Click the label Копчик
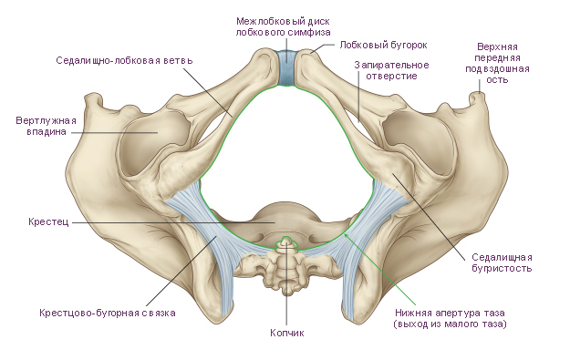click(286, 333)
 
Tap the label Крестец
click(48, 221)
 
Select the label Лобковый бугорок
click(384, 45)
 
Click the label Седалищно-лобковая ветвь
click(124, 60)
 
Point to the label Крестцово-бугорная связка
click(108, 313)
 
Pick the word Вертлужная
click(47, 120)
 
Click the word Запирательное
click(391, 66)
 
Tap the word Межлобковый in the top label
click(264, 22)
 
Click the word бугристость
click(502, 269)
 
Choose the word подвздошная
click(497, 69)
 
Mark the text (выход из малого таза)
click(450, 324)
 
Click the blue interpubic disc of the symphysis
click(286, 68)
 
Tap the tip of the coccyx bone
click(286, 239)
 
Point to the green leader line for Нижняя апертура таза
click(380, 270)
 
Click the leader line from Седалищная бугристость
click(429, 217)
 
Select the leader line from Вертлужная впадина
click(114, 132)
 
